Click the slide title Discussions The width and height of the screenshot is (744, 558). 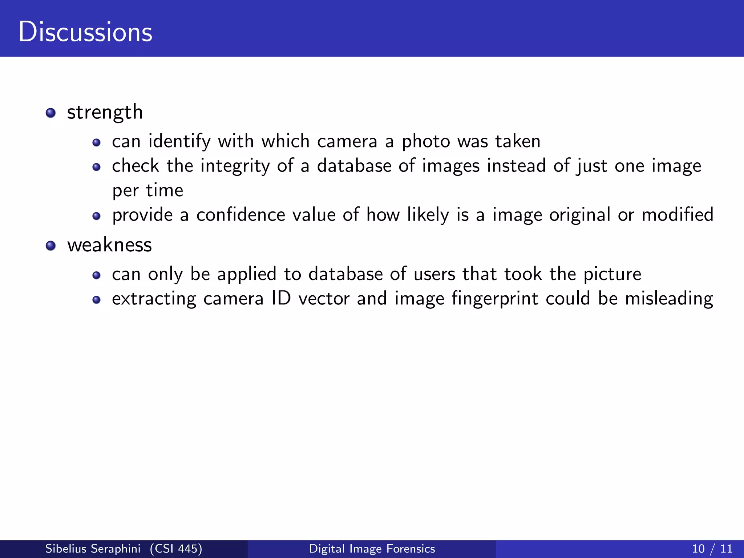point(85,32)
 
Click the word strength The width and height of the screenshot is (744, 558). point(105,112)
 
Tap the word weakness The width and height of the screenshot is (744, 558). point(109,245)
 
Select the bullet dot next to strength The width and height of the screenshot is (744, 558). point(51,113)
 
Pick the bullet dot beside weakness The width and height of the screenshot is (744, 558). point(51,246)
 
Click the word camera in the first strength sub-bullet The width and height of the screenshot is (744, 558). point(347,141)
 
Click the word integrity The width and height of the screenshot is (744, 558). point(235,166)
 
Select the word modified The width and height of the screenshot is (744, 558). point(678,215)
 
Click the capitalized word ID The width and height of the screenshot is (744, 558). point(281,299)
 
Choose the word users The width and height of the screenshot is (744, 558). point(434,274)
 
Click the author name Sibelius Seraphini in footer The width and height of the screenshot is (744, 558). point(93,549)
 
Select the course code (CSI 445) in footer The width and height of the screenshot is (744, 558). point(176,549)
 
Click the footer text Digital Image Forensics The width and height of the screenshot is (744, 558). point(372,549)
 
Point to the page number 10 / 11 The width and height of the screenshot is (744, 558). point(712,549)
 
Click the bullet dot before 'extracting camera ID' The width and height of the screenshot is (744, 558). point(96,300)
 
